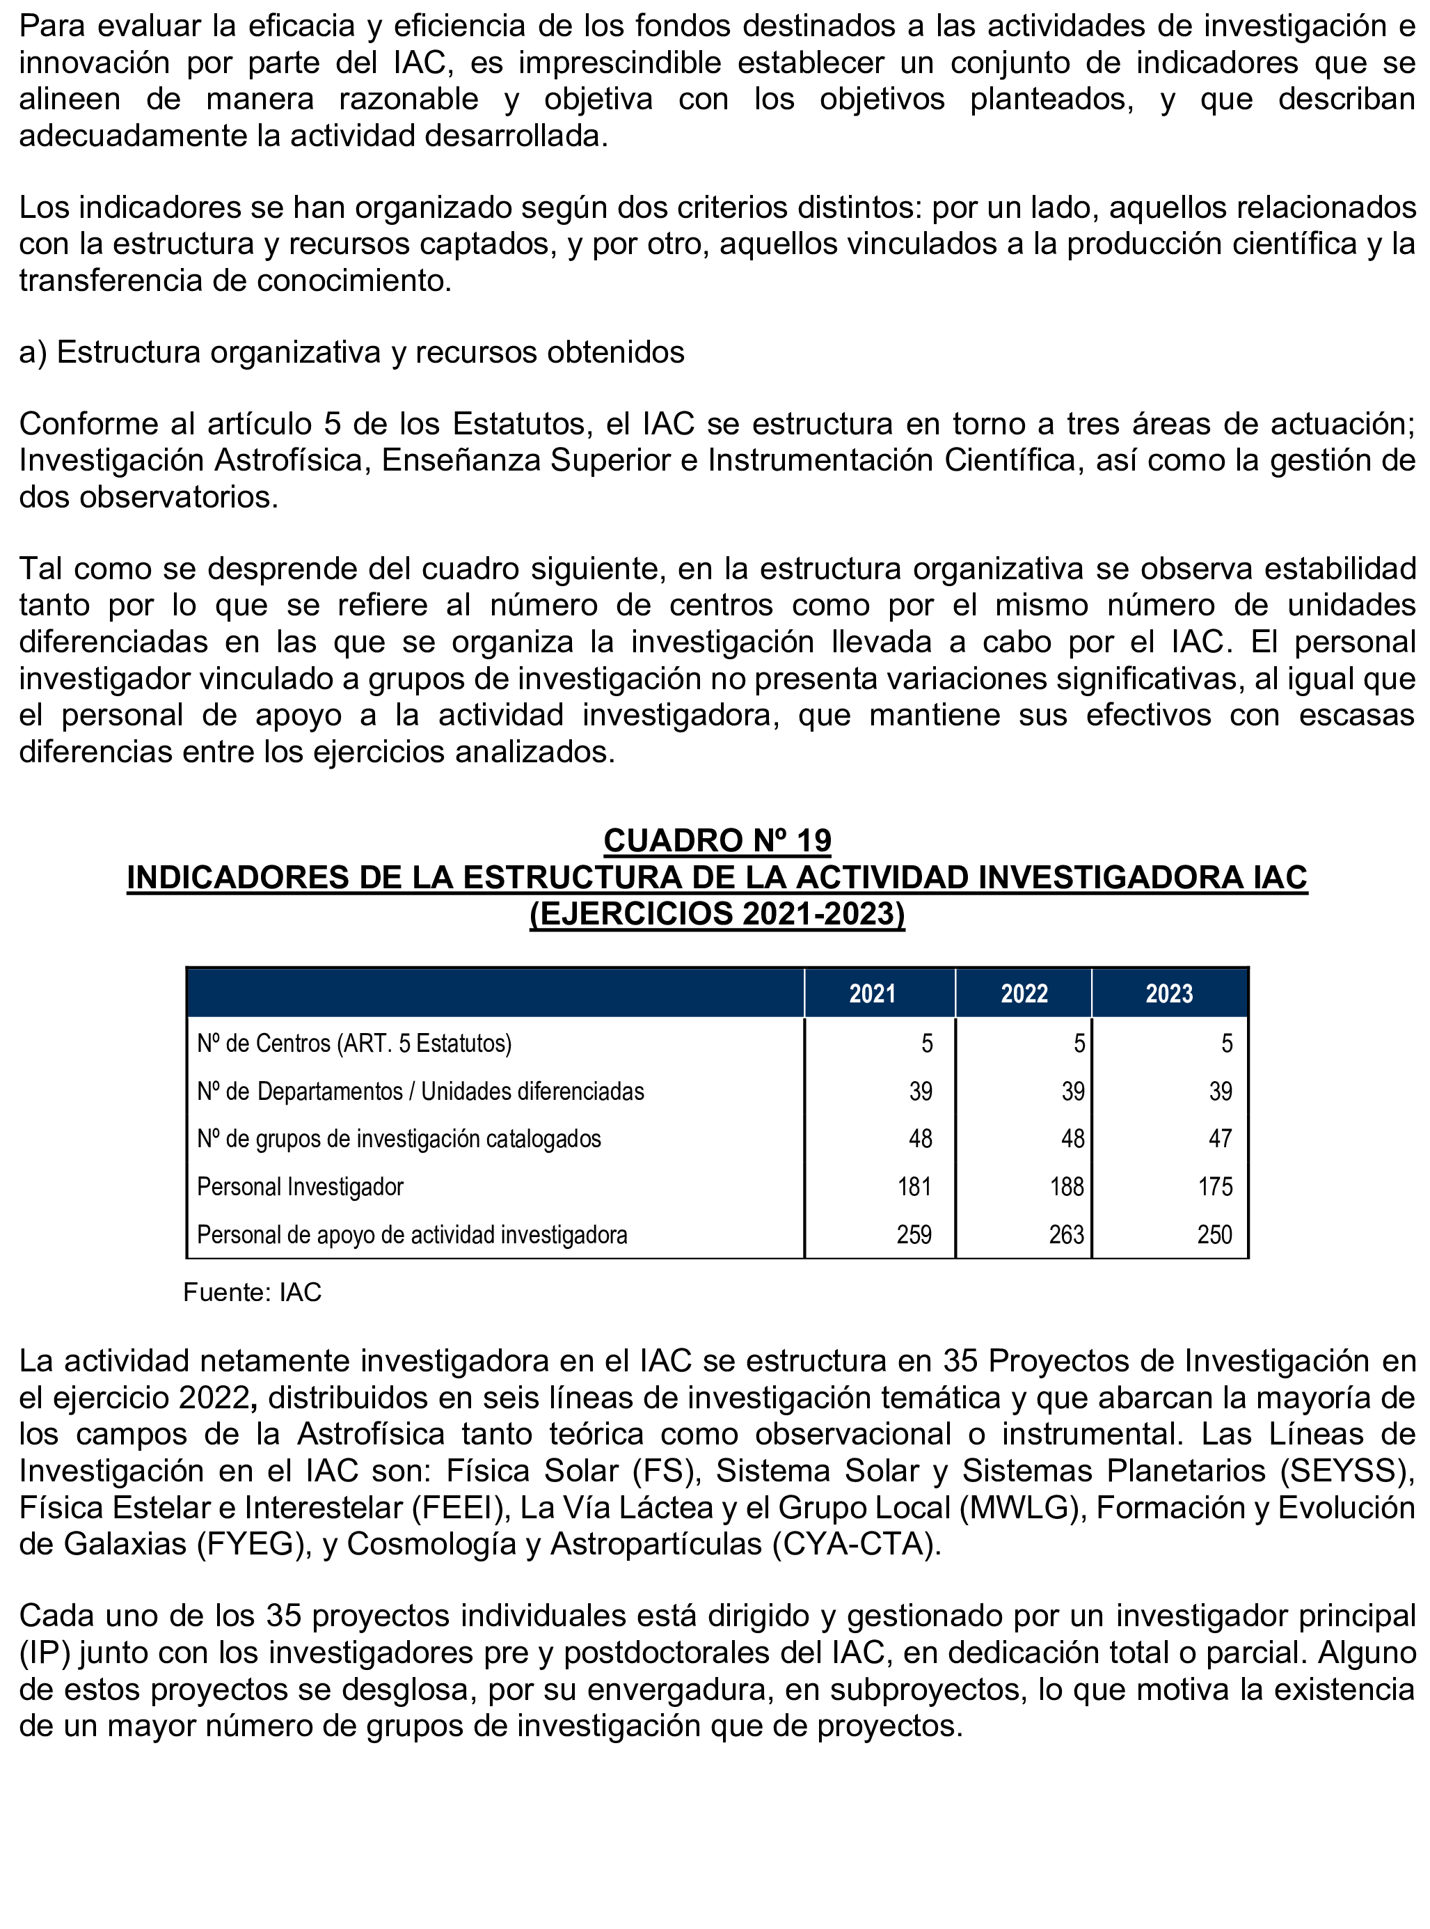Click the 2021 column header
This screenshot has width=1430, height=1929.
[x=872, y=993]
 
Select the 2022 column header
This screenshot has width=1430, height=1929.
[x=1024, y=993]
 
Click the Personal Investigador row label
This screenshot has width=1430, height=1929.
[x=301, y=1186]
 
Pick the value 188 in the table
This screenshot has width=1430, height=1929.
[x=1067, y=1186]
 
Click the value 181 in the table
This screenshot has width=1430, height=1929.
[x=914, y=1186]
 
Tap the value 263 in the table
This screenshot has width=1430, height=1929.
[x=1067, y=1235]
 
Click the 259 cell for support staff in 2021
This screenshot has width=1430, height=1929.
[x=914, y=1235]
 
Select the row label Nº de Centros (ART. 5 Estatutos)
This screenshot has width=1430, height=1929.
[x=354, y=1044]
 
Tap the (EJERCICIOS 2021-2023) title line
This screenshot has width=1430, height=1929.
[x=717, y=914]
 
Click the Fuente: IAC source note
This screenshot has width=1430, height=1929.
[x=252, y=1293]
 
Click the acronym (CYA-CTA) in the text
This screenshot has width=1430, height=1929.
[x=855, y=1544]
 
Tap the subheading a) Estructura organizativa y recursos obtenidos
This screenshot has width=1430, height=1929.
[x=351, y=352]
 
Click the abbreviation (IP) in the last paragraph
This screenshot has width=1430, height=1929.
[x=45, y=1653]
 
